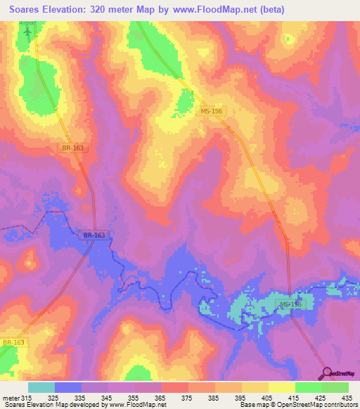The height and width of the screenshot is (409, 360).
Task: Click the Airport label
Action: [x=28, y=24]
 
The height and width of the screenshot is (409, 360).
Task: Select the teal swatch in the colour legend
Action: [x=41, y=387]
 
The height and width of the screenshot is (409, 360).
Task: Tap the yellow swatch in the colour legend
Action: [x=282, y=387]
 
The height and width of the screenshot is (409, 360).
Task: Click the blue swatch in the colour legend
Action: [x=68, y=387]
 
